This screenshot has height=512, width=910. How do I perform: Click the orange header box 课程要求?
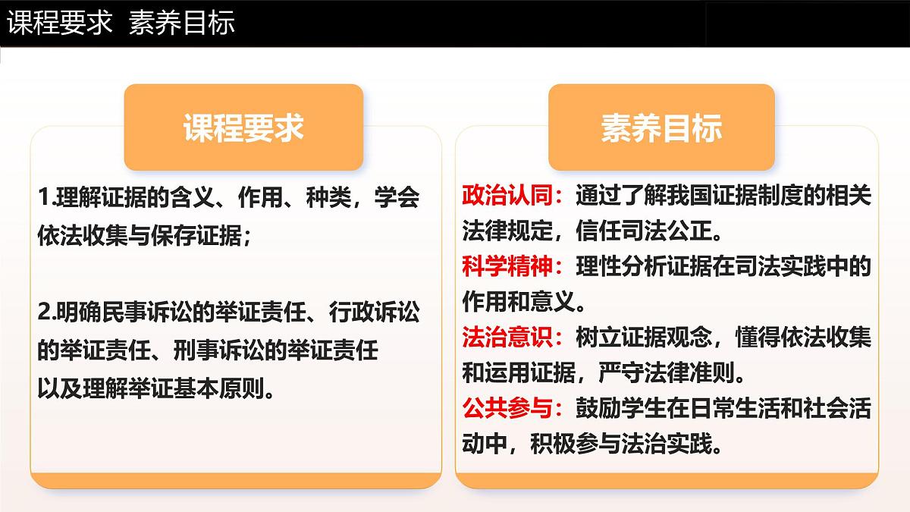[243, 127]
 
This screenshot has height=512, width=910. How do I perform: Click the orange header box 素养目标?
[661, 127]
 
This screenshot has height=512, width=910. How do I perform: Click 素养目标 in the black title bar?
[182, 23]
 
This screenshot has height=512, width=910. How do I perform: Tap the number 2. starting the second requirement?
[44, 313]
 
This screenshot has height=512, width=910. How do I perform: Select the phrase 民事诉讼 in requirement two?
[136, 313]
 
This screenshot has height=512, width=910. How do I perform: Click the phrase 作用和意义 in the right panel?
[513, 301]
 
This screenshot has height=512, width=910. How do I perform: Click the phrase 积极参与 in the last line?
[575, 444]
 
